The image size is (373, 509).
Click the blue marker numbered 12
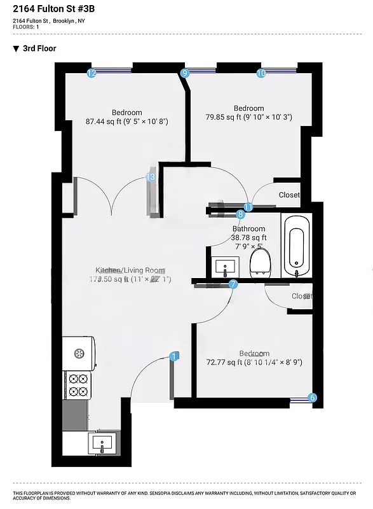pos(92,73)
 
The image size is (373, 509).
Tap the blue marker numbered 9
pos(186,73)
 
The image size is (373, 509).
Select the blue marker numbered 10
pos(261,73)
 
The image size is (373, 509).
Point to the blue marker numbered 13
pos(151,178)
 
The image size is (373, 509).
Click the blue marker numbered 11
pos(248,207)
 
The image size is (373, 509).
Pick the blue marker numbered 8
pos(241,214)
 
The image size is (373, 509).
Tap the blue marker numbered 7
pos(233,284)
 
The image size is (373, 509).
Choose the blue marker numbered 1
pos(174,357)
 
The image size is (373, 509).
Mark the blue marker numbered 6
pos(312,398)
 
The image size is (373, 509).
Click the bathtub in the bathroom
pos(297,246)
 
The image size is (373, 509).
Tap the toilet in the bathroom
pos(261,261)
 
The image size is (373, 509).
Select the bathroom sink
pos(226,265)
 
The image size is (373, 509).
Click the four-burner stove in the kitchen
pos(78,385)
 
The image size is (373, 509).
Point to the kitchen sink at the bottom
pos(100,442)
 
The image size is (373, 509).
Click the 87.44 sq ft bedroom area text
pos(126,121)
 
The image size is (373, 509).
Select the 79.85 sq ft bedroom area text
pos(248,117)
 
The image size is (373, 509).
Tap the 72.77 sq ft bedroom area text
pos(254,362)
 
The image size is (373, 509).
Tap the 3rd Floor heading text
pos(40,48)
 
